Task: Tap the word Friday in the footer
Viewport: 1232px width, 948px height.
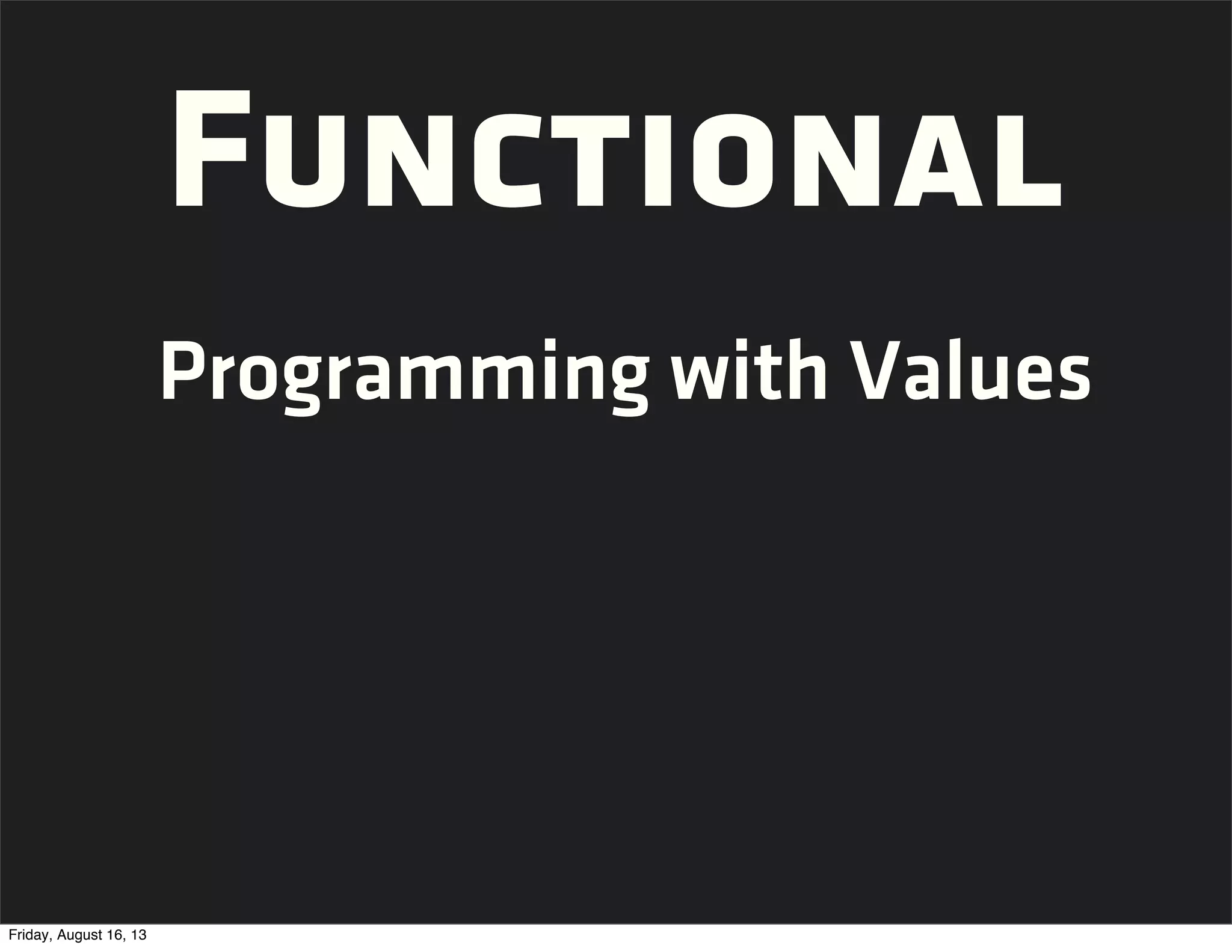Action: [26, 935]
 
